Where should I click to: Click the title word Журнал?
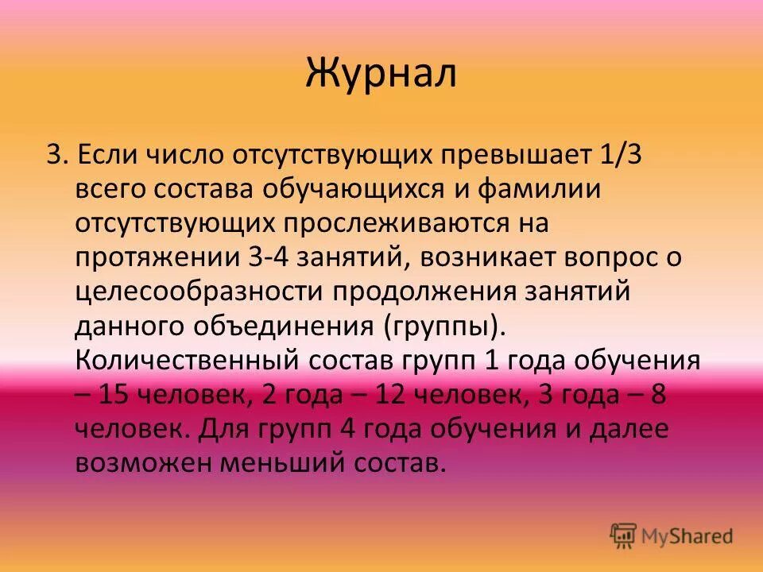click(381, 74)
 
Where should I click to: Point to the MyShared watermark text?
click(688, 536)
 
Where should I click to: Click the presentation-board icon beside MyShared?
click(625, 536)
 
